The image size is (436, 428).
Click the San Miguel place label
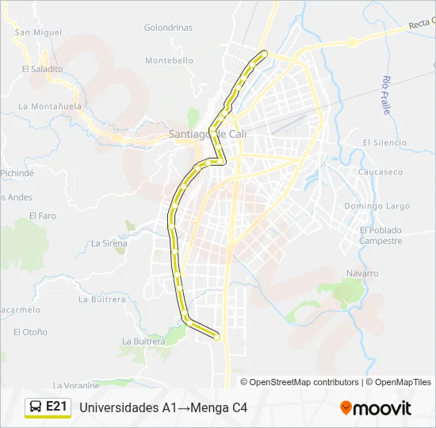click(x=38, y=32)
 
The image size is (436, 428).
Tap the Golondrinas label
click(x=168, y=27)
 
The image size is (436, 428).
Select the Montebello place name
click(x=169, y=60)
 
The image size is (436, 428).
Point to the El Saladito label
click(x=43, y=69)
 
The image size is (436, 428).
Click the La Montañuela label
click(x=50, y=105)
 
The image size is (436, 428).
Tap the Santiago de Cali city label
click(x=208, y=134)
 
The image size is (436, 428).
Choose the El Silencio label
click(x=384, y=143)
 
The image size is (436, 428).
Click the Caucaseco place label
click(x=381, y=172)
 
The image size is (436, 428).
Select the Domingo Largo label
click(x=377, y=206)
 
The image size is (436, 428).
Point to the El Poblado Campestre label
click(x=381, y=235)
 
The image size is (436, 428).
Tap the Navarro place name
click(x=362, y=273)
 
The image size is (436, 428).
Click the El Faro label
click(x=43, y=215)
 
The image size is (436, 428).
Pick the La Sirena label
click(x=109, y=243)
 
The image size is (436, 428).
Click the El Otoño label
click(x=30, y=332)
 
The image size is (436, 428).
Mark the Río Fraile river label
click(x=387, y=95)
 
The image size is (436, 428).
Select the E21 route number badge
click(x=56, y=407)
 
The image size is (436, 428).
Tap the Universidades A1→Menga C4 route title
click(x=164, y=407)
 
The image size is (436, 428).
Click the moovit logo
click(x=376, y=408)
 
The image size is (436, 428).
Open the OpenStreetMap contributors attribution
click(x=304, y=382)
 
